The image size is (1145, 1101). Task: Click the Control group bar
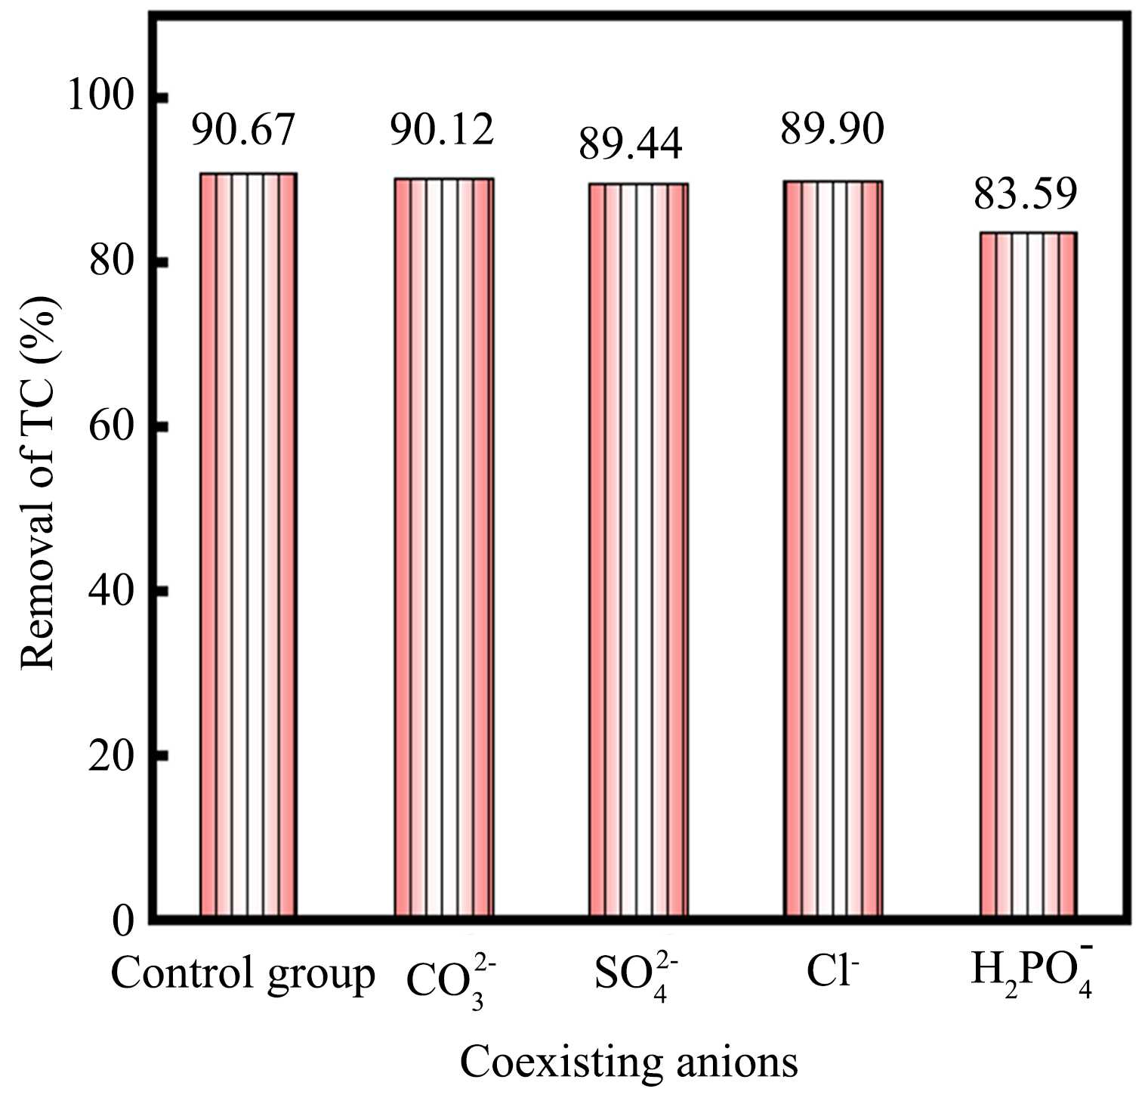(x=248, y=544)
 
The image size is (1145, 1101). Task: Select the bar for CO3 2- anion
(x=443, y=547)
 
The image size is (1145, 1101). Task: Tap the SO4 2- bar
(x=638, y=549)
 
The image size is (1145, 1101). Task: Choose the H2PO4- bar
(x=1027, y=574)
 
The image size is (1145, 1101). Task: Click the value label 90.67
(x=242, y=129)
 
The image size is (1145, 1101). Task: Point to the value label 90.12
(x=442, y=129)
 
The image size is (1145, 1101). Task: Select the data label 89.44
(x=631, y=143)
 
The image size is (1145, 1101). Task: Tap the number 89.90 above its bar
(x=832, y=129)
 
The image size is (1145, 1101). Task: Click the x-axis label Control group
(x=242, y=975)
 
